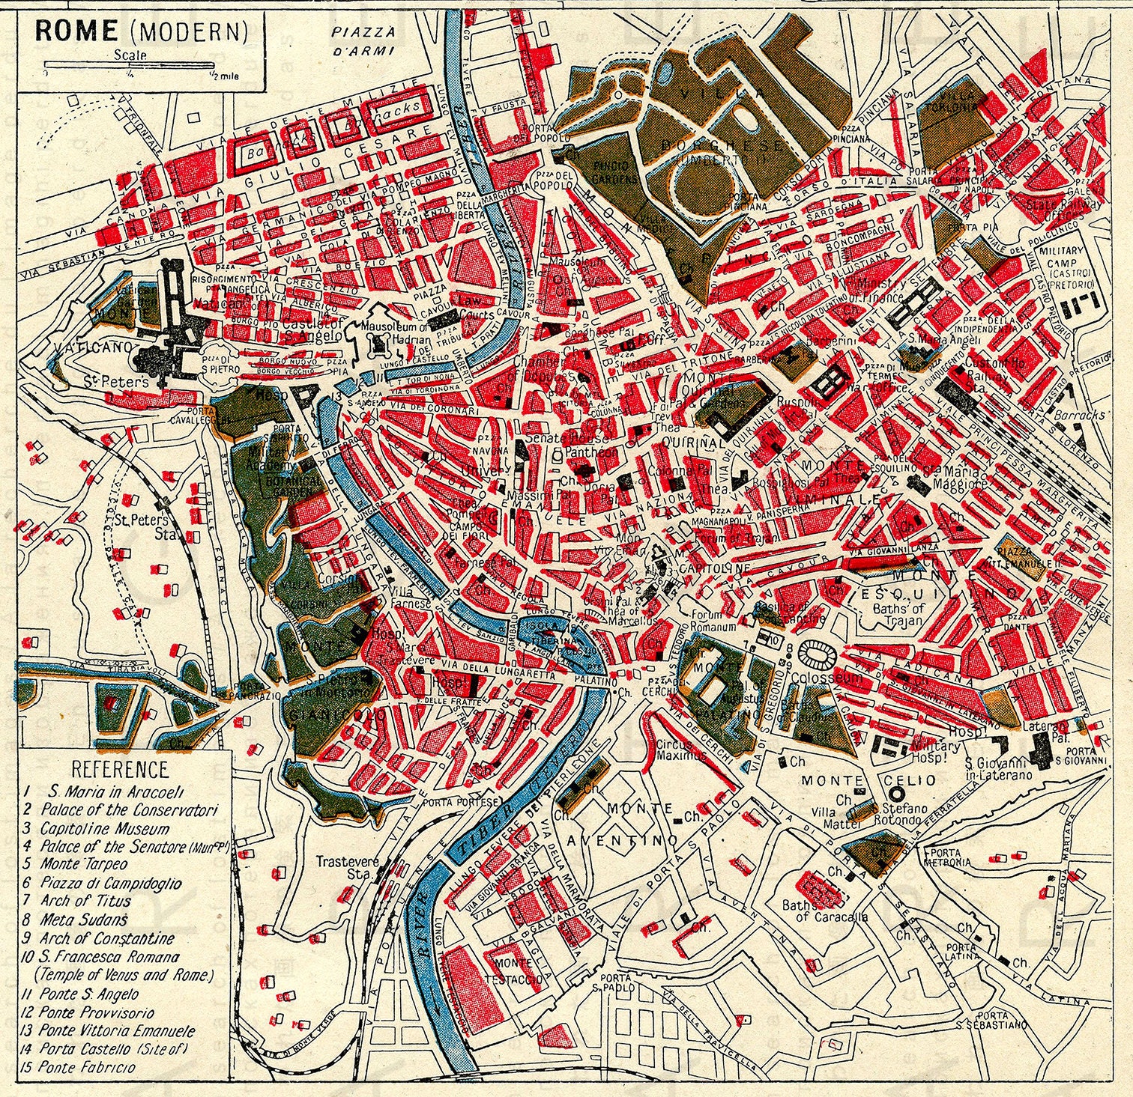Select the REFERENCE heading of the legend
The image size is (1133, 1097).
(x=120, y=769)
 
